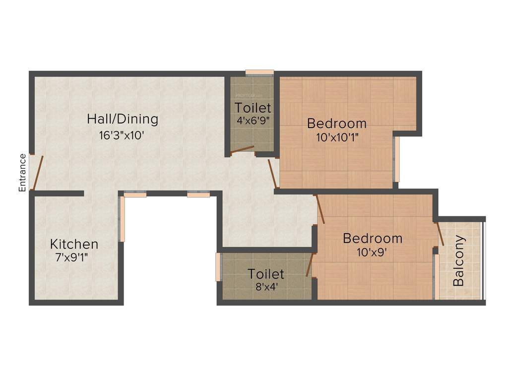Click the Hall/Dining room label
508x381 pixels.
[123, 119]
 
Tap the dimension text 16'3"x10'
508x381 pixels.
[122, 135]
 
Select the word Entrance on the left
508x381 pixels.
[22, 173]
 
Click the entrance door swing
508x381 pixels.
[38, 172]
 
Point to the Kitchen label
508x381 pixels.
[74, 244]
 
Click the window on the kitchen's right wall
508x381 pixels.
[122, 219]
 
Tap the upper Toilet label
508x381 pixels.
[253, 107]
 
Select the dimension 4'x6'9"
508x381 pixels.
[254, 120]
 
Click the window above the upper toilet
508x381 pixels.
[259, 72]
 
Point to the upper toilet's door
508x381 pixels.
[242, 150]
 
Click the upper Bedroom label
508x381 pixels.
[336, 123]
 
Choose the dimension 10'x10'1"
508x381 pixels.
[337, 137]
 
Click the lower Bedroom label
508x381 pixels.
[373, 238]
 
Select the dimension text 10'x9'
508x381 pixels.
[372, 252]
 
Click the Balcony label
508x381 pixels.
[459, 260]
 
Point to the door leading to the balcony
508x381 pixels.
[440, 234]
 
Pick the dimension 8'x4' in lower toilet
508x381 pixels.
[266, 286]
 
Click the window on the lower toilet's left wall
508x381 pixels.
[218, 267]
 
